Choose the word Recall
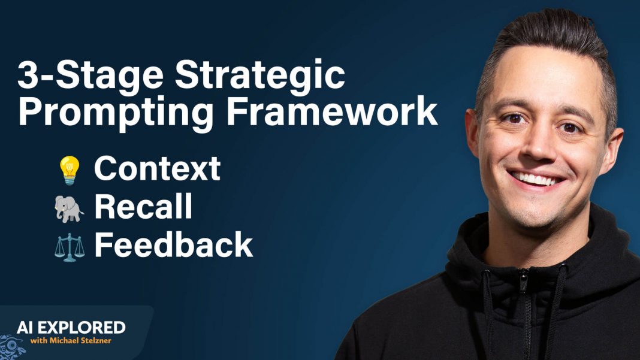(143, 207)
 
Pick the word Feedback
(173, 245)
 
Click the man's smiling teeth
(536, 178)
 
